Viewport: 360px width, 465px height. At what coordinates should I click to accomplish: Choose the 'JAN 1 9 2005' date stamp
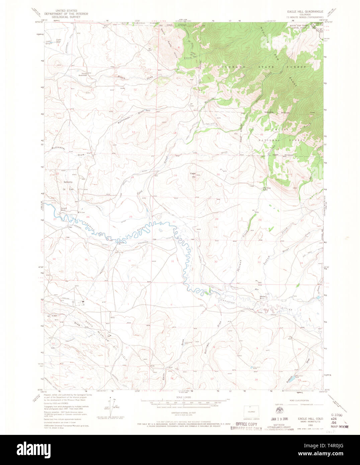279,419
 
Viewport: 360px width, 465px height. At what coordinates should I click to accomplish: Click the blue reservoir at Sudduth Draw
291,380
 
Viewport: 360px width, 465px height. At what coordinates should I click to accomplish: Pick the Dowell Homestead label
83,74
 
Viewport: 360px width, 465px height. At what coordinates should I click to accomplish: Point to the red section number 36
129,260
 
